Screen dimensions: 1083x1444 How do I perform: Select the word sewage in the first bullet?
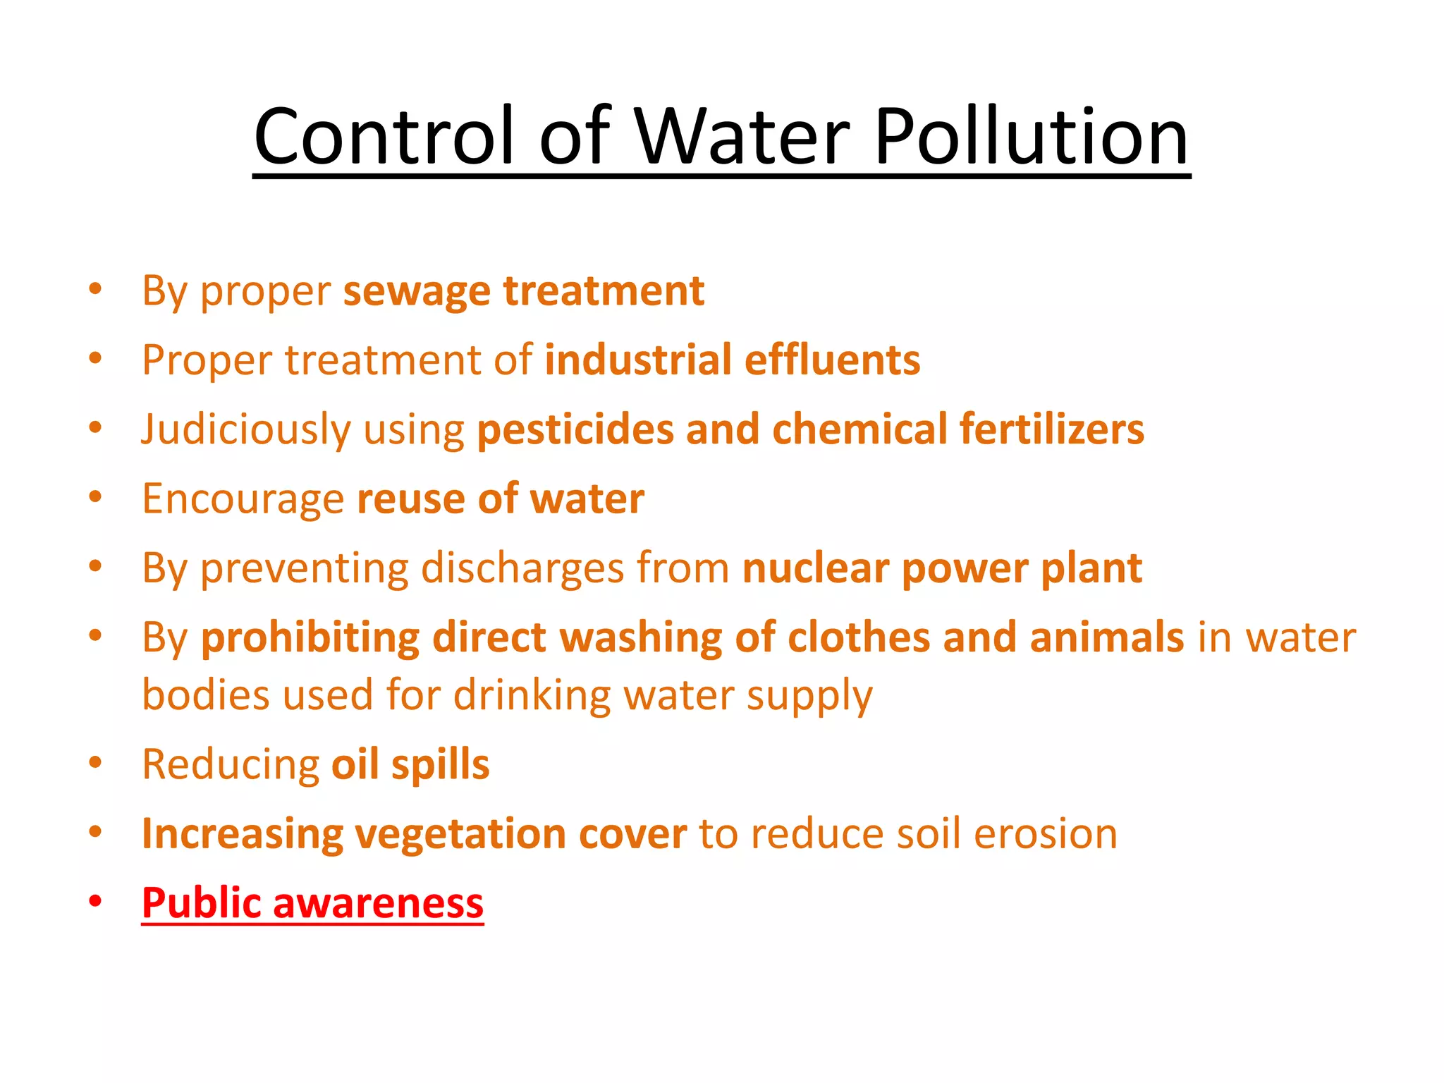point(416,292)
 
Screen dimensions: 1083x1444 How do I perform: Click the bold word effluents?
point(832,360)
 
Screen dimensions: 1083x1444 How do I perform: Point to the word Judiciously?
point(245,430)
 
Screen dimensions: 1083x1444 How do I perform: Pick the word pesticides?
point(575,430)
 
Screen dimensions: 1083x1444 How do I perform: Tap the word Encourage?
point(243,499)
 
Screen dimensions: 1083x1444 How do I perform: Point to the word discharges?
point(522,568)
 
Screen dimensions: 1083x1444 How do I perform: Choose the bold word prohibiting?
point(310,638)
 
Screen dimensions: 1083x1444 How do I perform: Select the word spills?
point(440,765)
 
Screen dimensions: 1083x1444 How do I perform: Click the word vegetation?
point(460,834)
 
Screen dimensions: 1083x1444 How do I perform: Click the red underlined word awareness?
point(378,902)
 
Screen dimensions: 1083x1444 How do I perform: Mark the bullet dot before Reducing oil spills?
point(96,762)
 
